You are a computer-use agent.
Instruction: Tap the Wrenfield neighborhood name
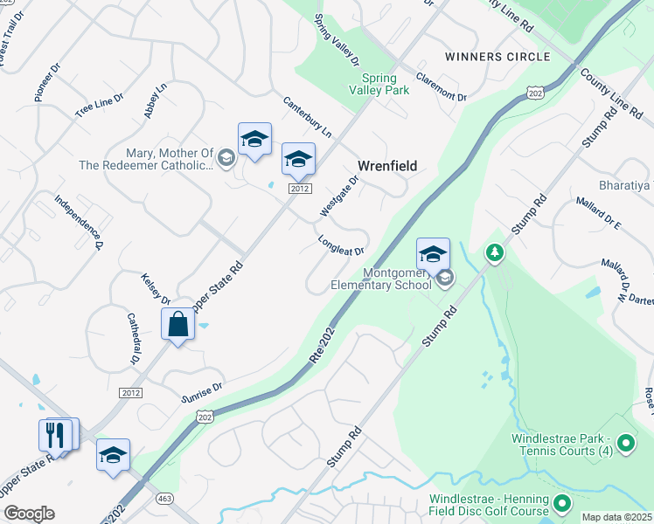pyautogui.click(x=387, y=166)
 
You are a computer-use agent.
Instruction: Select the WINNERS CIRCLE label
pyautogui.click(x=497, y=57)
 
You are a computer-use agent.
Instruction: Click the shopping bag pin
pyautogui.click(x=177, y=325)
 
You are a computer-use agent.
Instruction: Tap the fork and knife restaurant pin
pyautogui.click(x=55, y=435)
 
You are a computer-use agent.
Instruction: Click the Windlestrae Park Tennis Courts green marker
pyautogui.click(x=625, y=445)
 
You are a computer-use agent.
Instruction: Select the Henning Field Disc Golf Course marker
pyautogui.click(x=562, y=504)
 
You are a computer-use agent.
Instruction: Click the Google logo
pyautogui.click(x=29, y=514)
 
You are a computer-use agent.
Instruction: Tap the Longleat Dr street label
pyautogui.click(x=341, y=245)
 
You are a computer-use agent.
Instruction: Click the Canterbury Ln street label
pyautogui.click(x=307, y=117)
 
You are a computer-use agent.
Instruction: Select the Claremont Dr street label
pyautogui.click(x=441, y=85)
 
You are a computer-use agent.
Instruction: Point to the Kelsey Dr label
pyautogui.click(x=155, y=290)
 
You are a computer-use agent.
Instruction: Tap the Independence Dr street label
pyautogui.click(x=80, y=221)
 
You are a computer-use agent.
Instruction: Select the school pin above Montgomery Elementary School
pyautogui.click(x=433, y=254)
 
